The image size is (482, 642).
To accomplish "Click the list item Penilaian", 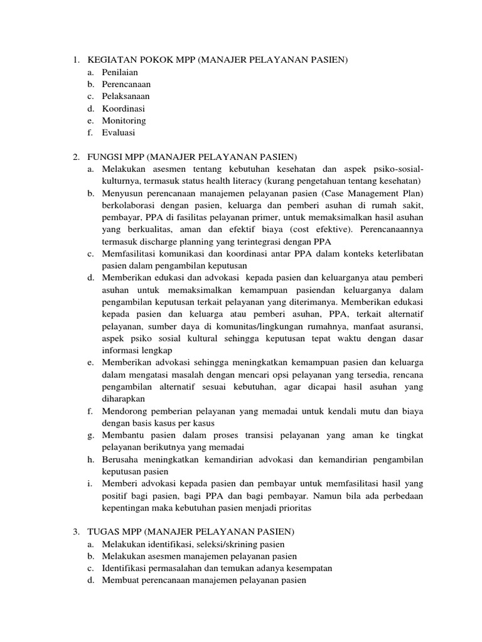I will pyautogui.click(x=121, y=72).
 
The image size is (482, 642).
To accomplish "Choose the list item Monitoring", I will pyautogui.click(x=124, y=120).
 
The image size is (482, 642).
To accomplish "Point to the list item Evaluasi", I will pyautogui.click(x=119, y=132).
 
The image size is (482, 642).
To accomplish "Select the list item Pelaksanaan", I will pyautogui.click(x=126, y=96).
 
